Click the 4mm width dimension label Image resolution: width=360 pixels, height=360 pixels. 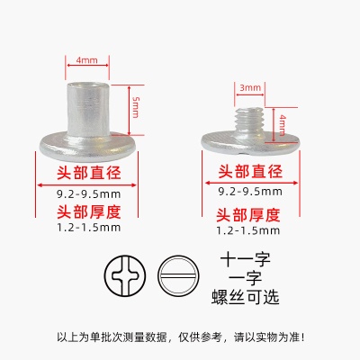[x=86, y=60]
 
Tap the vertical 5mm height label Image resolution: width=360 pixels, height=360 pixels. [x=136, y=107]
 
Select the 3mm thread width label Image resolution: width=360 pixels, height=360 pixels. [x=250, y=88]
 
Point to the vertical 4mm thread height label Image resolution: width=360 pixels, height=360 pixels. [x=282, y=125]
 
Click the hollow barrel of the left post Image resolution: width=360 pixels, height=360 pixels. [x=89, y=109]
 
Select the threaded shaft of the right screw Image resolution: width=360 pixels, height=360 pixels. [x=249, y=121]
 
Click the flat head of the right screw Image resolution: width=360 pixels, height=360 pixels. [x=250, y=143]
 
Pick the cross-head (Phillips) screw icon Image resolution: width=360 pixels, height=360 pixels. [x=125, y=276]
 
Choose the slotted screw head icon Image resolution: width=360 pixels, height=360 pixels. [x=178, y=276]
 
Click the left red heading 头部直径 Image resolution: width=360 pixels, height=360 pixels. [x=89, y=173]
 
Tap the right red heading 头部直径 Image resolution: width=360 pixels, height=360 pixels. [x=250, y=171]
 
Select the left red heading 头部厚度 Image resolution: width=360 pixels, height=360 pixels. [x=89, y=212]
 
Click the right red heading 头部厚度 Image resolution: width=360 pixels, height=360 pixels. [x=248, y=215]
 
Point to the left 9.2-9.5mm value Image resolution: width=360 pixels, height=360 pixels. [x=89, y=194]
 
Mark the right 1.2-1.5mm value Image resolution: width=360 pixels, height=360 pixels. [x=248, y=230]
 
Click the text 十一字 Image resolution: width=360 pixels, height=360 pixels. [x=246, y=260]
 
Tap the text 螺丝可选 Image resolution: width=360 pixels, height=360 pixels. [x=246, y=297]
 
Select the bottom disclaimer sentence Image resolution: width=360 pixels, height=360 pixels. [x=181, y=337]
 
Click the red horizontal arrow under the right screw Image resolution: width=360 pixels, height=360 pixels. [x=251, y=183]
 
